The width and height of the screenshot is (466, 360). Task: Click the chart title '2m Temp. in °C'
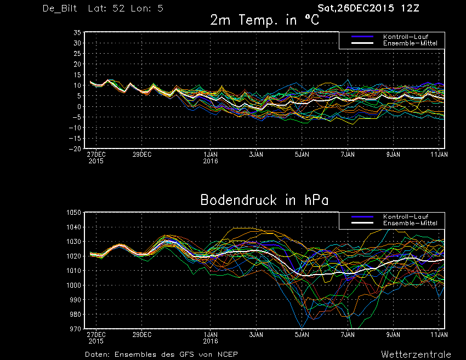264,20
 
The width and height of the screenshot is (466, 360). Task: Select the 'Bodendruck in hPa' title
264,200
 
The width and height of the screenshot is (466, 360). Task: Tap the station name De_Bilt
60,8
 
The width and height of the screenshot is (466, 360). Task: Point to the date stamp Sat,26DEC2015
356,8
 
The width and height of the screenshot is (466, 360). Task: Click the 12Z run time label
410,8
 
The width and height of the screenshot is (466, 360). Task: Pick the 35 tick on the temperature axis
77,33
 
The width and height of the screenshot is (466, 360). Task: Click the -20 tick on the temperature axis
75,149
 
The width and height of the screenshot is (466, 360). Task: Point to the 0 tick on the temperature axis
79,107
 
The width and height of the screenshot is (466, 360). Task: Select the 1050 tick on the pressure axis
73,213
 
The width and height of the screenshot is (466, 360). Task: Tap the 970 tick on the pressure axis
75,329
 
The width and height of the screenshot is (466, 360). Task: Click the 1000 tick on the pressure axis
73,285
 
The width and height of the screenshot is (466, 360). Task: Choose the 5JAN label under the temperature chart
302,155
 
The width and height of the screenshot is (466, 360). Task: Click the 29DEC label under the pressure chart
142,335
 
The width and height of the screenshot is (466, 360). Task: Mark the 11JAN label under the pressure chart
439,335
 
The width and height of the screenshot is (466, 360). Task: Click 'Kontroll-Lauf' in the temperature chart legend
406,37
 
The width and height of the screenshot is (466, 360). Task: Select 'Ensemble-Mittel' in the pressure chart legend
410,223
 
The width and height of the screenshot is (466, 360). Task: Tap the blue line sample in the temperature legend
362,37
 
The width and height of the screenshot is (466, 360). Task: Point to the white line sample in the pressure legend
362,223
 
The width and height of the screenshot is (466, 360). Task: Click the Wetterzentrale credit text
416,355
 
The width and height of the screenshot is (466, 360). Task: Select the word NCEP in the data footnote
228,355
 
